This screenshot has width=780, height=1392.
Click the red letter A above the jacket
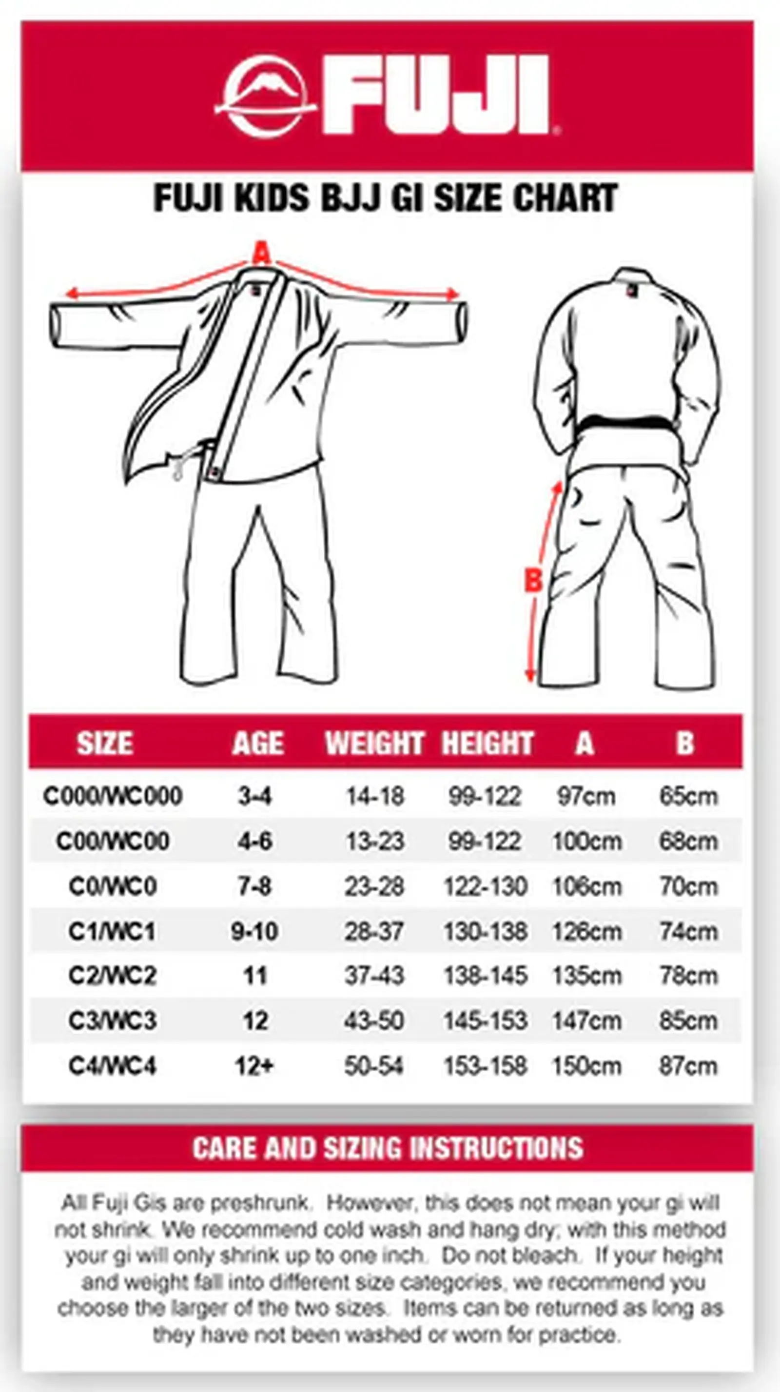coord(262,253)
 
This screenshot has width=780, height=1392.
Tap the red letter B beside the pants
coord(533,580)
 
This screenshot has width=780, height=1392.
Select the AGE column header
coord(258,743)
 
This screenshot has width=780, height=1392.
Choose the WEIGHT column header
coord(374,743)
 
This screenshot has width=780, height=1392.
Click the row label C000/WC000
coord(113,796)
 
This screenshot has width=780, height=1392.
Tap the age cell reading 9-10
coord(254,931)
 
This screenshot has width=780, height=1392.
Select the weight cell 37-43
coord(374,975)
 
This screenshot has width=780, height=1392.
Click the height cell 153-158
coord(485,1066)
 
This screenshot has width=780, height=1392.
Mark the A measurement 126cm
coord(586,931)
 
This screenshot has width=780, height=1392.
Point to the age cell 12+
coord(254,1066)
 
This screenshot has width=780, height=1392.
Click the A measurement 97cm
coord(586,796)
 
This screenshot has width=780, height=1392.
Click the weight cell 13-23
coord(374,841)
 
